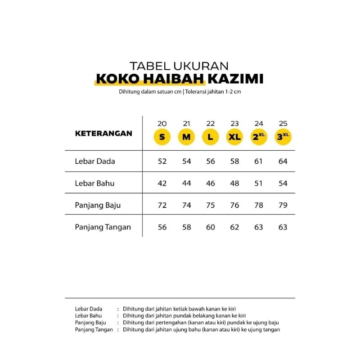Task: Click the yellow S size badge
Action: (x=162, y=137)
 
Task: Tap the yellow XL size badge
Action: (x=234, y=137)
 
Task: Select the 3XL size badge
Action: (x=283, y=137)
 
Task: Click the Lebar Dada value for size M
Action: (x=187, y=161)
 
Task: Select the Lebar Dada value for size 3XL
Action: (x=283, y=161)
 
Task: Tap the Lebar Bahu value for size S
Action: (x=162, y=183)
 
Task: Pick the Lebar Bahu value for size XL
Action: (x=234, y=183)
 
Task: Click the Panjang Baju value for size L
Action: (x=211, y=205)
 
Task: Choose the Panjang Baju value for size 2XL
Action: (x=259, y=205)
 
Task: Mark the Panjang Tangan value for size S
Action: (x=162, y=227)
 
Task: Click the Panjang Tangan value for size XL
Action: (x=234, y=227)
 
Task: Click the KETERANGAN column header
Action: (x=103, y=133)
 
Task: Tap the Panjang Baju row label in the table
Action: (x=98, y=205)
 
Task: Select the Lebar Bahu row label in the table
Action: (x=94, y=183)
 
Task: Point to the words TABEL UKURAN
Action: (x=180, y=66)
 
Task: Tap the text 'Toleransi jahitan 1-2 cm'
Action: (x=214, y=92)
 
